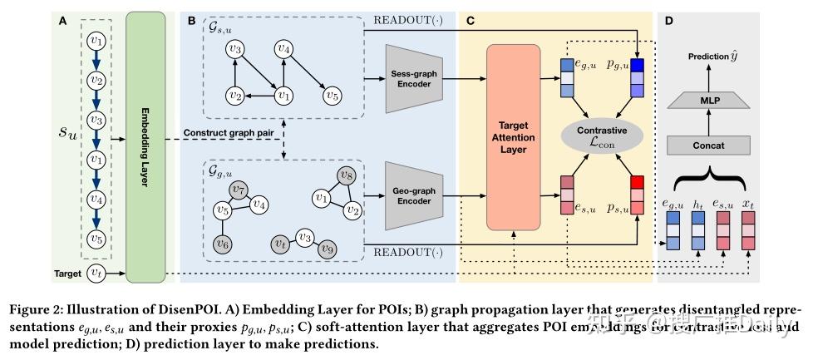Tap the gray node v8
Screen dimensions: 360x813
(347, 175)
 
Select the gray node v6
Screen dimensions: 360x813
(223, 243)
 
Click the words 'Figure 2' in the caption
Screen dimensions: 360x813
(38, 311)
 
